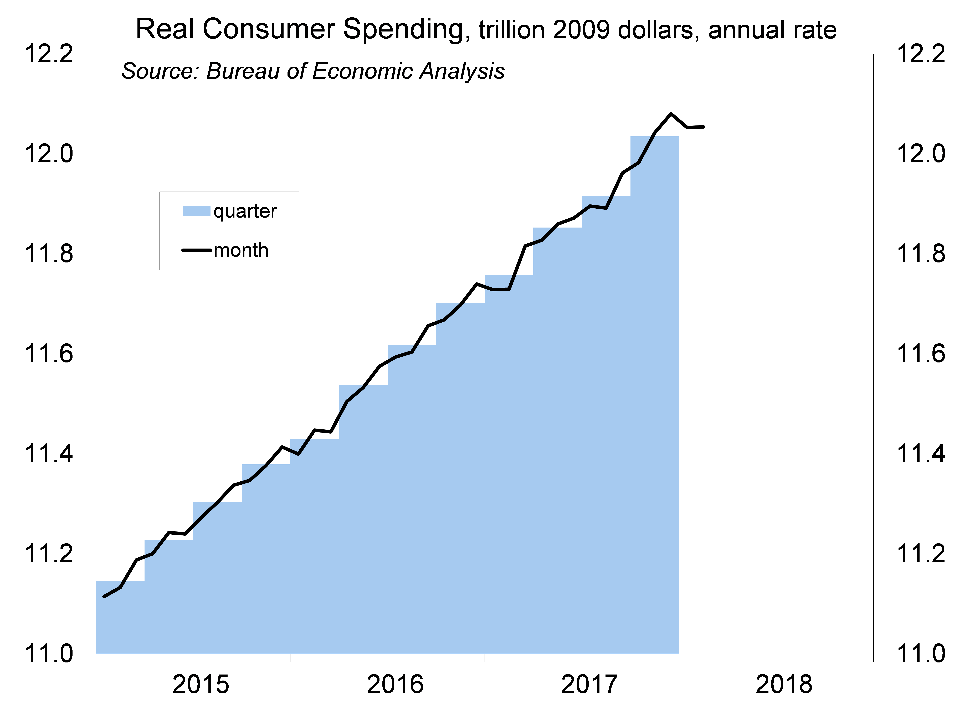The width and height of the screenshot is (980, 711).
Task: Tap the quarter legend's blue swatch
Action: [197, 211]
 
